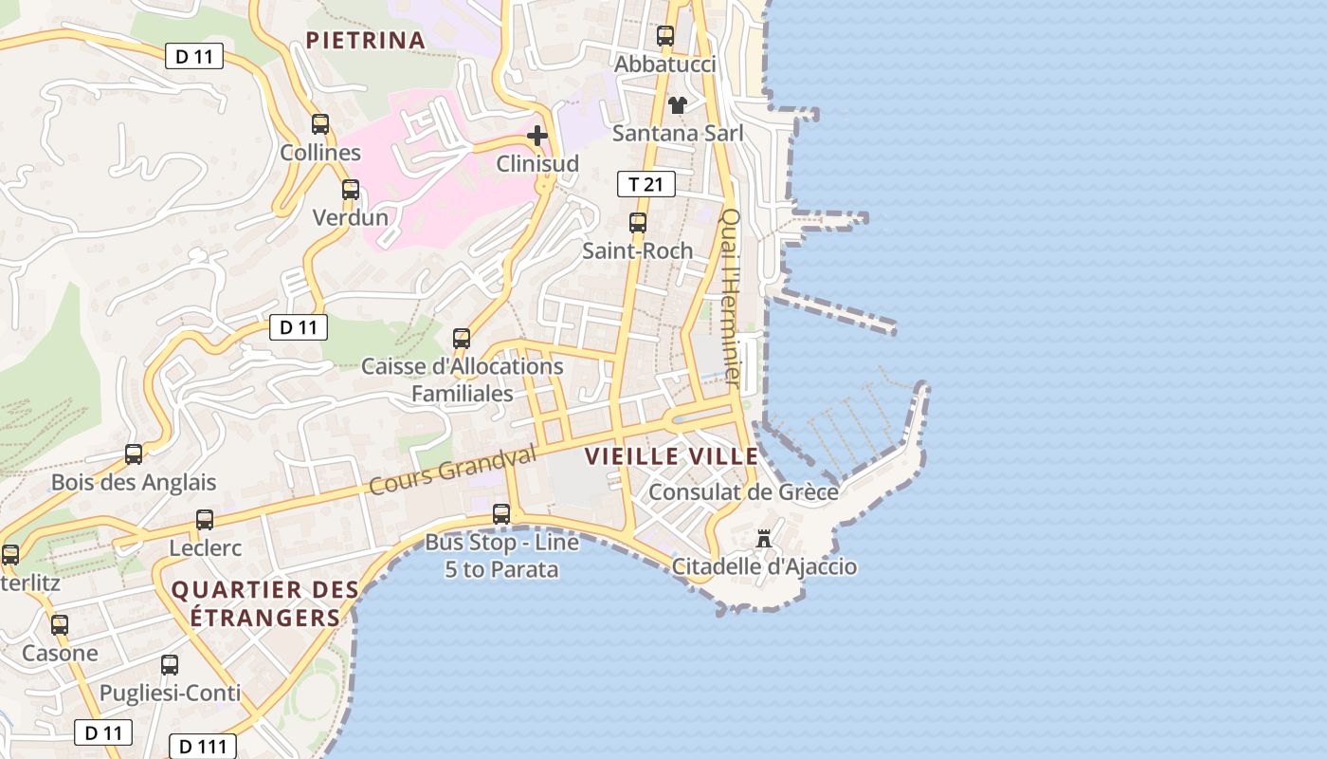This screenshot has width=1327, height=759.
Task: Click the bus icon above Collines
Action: (320, 123)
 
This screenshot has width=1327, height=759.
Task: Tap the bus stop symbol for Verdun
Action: (351, 189)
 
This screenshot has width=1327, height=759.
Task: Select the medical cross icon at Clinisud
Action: (537, 135)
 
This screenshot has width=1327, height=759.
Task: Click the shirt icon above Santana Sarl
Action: (677, 104)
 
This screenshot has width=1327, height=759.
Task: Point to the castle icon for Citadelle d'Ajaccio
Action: (763, 539)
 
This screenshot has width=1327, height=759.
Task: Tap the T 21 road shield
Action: (646, 184)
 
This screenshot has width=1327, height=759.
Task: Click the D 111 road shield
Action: (202, 747)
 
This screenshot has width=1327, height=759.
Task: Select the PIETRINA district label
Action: (365, 40)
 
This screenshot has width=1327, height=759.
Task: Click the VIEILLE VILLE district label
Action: (672, 456)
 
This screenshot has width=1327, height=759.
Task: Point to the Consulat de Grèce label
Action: (743, 492)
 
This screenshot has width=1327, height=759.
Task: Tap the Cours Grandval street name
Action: (453, 471)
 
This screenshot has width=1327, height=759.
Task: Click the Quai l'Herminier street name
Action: (731, 296)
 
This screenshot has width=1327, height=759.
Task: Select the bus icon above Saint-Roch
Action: (638, 223)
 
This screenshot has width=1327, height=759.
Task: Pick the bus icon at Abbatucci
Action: (665, 36)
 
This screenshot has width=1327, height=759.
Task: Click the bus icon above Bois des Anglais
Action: (134, 454)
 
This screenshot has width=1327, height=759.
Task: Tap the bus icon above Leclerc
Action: (205, 520)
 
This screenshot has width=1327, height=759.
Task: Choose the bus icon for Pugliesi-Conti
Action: (170, 664)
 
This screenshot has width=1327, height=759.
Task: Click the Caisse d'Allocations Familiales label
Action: (463, 379)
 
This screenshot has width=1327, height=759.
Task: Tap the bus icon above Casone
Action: (60, 625)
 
